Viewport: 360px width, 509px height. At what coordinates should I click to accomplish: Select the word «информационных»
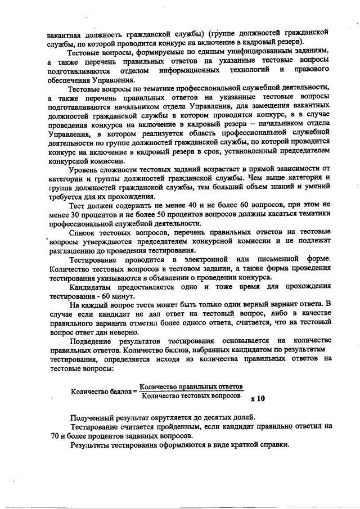188,71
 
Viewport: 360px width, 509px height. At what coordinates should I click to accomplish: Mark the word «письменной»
276,260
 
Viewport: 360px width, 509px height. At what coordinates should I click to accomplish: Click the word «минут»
124,296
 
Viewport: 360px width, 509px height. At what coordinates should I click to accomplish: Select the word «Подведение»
91,341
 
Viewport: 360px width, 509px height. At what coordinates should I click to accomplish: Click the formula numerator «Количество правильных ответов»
191,386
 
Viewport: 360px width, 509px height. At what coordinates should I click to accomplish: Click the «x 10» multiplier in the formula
258,399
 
